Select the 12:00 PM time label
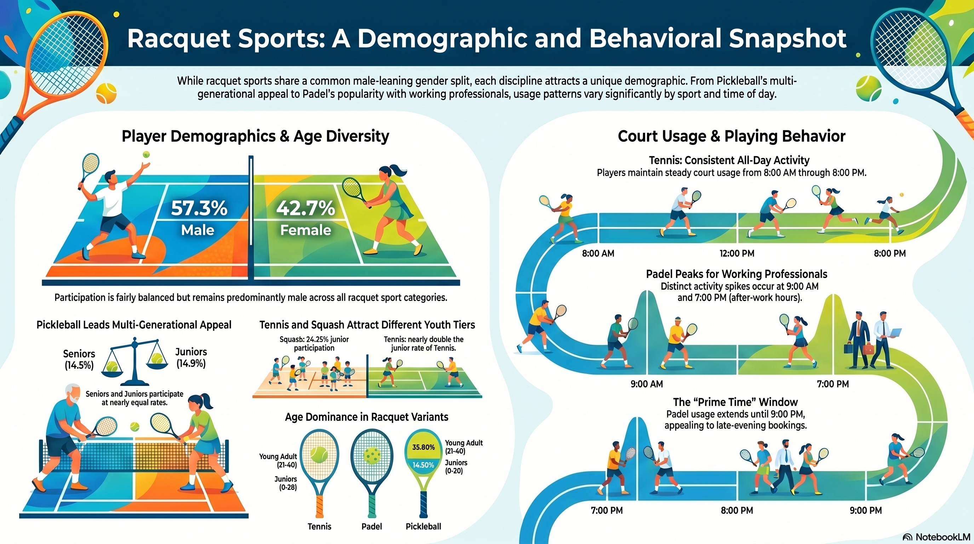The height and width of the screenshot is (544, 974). click(x=737, y=254)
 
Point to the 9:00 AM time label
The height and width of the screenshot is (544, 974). click(x=647, y=384)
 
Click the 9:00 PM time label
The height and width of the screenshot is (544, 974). click(x=866, y=510)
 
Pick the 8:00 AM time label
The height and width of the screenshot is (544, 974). click(x=598, y=254)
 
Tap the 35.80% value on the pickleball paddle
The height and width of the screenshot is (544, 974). click(x=423, y=447)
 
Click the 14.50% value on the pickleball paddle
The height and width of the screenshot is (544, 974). click(x=423, y=465)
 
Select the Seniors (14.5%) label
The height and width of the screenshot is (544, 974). click(x=79, y=359)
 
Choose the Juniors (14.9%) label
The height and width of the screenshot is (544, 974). click(x=191, y=357)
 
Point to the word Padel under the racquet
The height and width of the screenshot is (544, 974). click(x=372, y=526)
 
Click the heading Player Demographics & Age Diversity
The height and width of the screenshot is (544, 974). click(x=255, y=136)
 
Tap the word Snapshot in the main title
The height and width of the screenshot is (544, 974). click(x=787, y=39)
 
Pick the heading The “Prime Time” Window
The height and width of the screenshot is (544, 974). click(x=735, y=402)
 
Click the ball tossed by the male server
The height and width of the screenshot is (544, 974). click(x=146, y=154)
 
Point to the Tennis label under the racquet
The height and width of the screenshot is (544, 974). click(x=319, y=526)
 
